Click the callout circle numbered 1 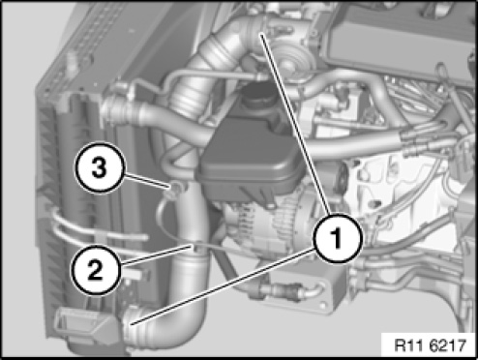pyautogui.click(x=338, y=238)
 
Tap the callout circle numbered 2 pyautogui.click(x=96, y=270)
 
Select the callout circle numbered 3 pyautogui.click(x=100, y=167)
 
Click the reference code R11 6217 pyautogui.click(x=431, y=345)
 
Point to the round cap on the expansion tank pyautogui.click(x=257, y=93)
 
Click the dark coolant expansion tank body pyautogui.click(x=249, y=155)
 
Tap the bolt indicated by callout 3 pyautogui.click(x=175, y=188)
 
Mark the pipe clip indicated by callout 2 pyautogui.click(x=195, y=247)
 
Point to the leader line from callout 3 pyautogui.click(x=146, y=181)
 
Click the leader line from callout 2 pyautogui.click(x=156, y=255)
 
